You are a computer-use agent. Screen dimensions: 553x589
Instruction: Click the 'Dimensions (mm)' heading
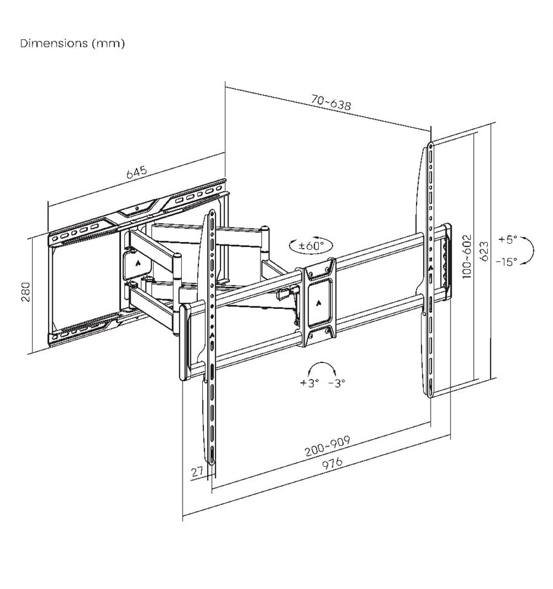pyautogui.click(x=72, y=44)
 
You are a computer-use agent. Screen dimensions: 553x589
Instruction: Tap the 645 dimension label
pyautogui.click(x=137, y=173)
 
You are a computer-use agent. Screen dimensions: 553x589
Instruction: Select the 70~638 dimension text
pyautogui.click(x=331, y=102)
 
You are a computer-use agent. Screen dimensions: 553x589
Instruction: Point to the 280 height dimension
pyautogui.click(x=25, y=292)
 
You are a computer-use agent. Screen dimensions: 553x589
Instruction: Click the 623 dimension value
pyautogui.click(x=485, y=251)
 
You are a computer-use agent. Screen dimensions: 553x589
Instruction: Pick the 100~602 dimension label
pyautogui.click(x=466, y=257)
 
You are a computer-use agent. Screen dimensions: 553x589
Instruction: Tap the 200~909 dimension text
pyautogui.click(x=327, y=445)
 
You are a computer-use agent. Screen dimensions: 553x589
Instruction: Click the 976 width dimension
pyautogui.click(x=332, y=462)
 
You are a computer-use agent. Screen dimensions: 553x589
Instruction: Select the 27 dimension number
pyautogui.click(x=197, y=471)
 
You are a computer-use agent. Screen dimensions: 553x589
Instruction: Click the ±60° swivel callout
pyautogui.click(x=311, y=246)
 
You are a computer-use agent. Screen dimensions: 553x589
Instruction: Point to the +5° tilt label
pyautogui.click(x=508, y=240)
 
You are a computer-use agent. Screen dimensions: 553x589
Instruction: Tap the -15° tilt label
pyautogui.click(x=506, y=262)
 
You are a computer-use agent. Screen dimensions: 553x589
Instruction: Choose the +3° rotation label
pyautogui.click(x=310, y=383)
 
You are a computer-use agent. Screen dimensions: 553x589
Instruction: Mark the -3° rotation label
pyautogui.click(x=337, y=383)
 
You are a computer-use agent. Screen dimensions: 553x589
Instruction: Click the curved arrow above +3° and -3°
pyautogui.click(x=321, y=368)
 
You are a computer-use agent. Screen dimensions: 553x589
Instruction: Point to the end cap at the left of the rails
pyautogui.click(x=184, y=341)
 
